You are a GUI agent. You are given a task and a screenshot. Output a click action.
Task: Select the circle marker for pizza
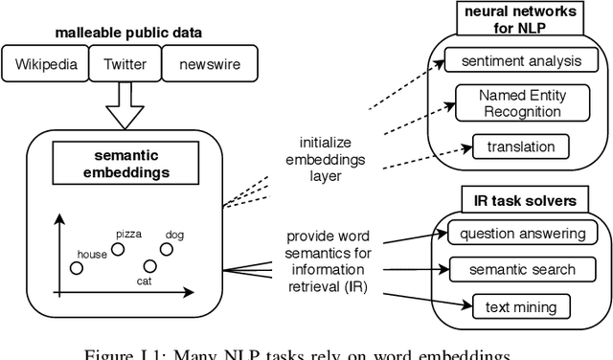point(119,249)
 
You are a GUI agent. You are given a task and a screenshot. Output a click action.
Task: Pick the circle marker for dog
point(167,249)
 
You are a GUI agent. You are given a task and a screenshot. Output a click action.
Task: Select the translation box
point(520,146)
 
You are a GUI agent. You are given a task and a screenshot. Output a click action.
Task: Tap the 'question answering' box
point(522,233)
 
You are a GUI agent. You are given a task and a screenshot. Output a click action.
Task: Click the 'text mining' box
point(521,306)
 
